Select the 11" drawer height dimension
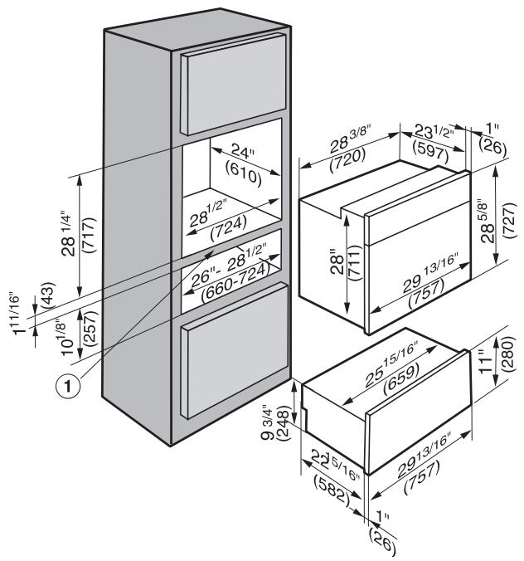(489, 361)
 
